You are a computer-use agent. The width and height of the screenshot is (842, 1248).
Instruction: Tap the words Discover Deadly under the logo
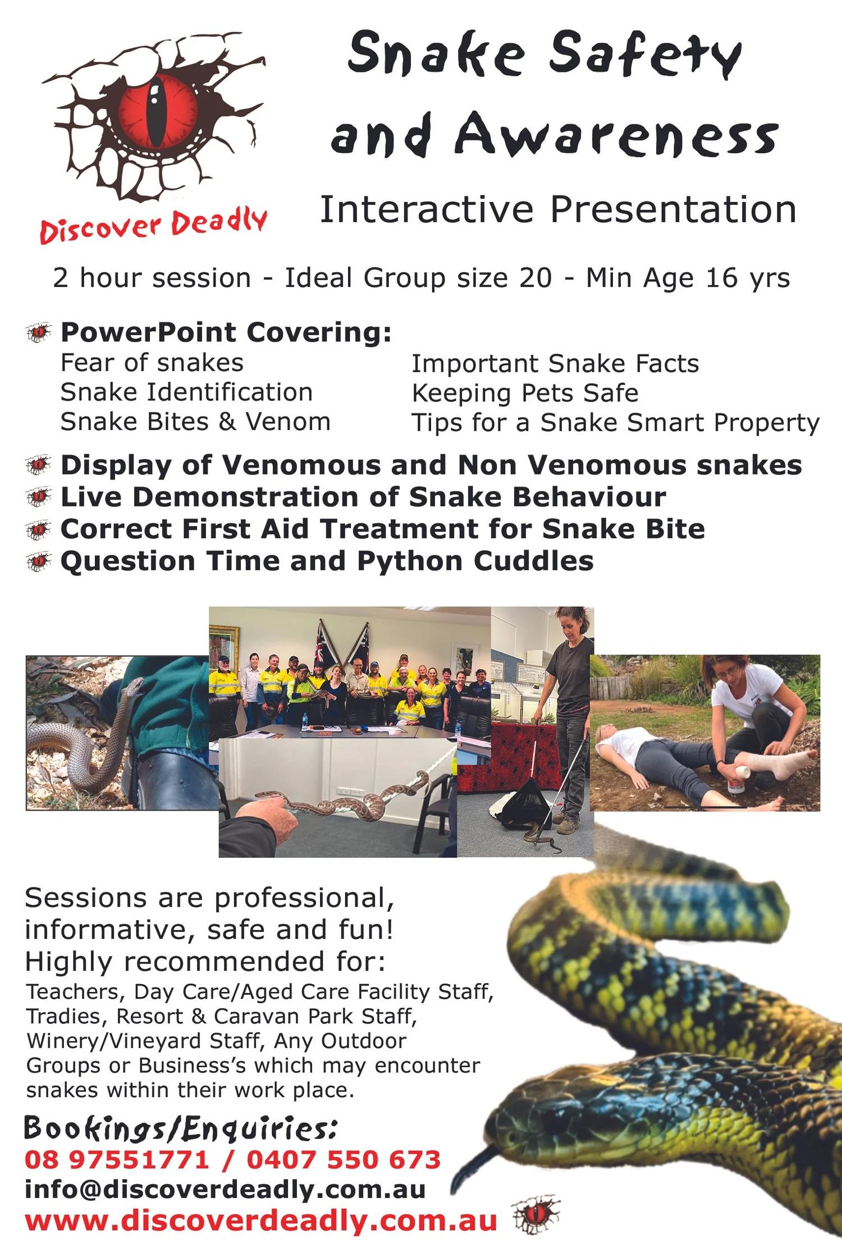click(x=153, y=226)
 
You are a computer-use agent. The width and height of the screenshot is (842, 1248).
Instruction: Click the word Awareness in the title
click(x=616, y=135)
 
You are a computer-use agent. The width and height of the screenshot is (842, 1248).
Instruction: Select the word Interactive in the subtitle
click(x=427, y=209)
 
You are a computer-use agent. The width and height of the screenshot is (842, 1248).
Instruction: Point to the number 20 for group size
click(x=536, y=278)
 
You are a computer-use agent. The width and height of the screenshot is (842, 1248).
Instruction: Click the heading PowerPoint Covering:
click(x=226, y=332)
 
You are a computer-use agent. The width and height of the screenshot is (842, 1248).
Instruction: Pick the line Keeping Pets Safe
click(x=525, y=394)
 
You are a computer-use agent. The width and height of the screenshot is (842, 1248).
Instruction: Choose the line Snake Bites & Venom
click(x=195, y=422)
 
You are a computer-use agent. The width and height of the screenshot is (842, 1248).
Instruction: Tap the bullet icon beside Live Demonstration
click(x=39, y=497)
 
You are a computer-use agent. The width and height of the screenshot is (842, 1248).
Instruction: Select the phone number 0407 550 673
click(x=344, y=1160)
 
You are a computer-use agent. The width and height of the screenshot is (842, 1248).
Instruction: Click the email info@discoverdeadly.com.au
click(x=225, y=1190)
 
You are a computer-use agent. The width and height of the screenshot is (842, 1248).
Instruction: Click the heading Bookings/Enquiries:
click(x=181, y=1128)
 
